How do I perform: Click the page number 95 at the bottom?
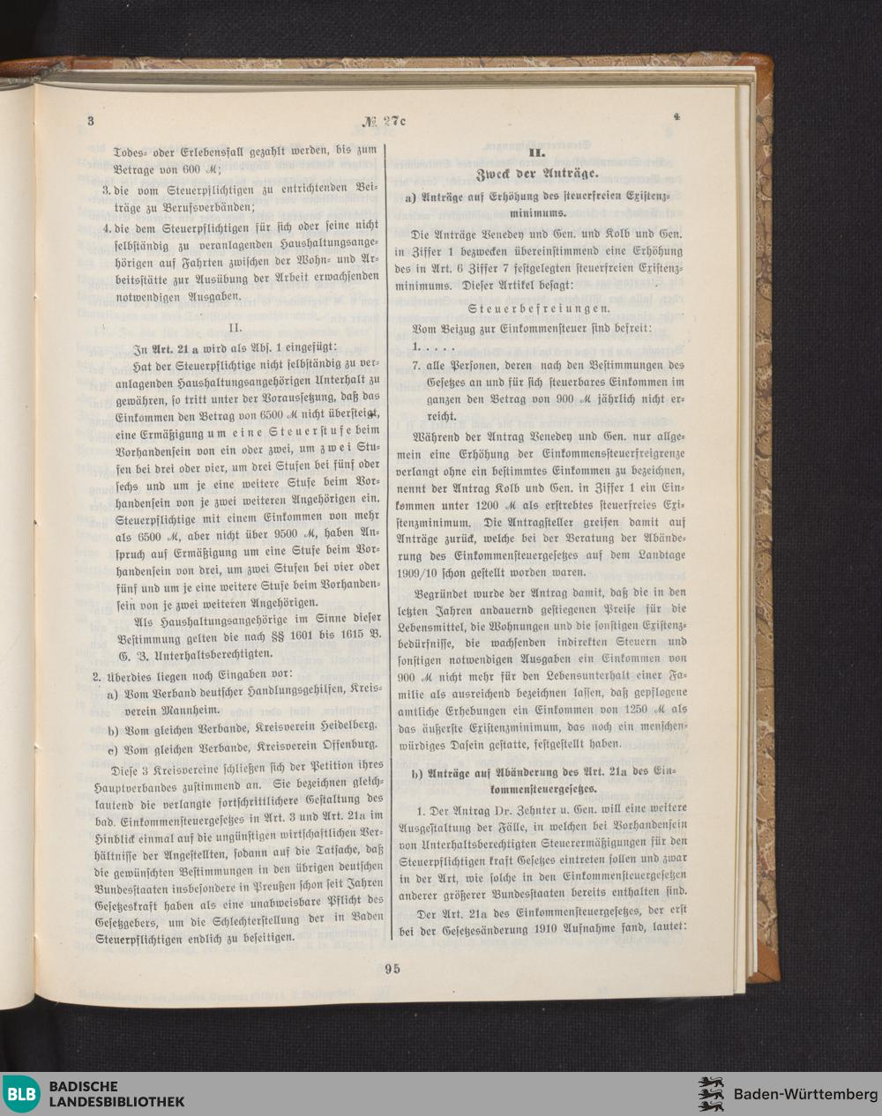[x=392, y=968]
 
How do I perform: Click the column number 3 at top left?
[x=90, y=121]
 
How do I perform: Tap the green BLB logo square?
[x=22, y=1094]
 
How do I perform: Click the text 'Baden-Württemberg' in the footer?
[x=799, y=1094]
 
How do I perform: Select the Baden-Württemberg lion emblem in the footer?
[x=710, y=1094]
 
